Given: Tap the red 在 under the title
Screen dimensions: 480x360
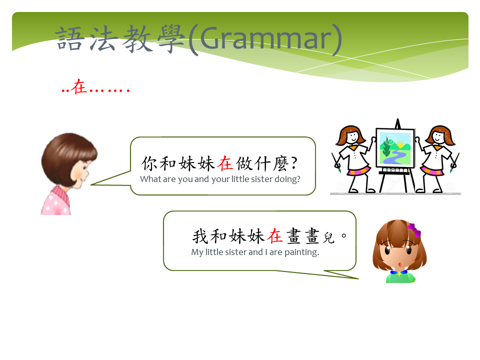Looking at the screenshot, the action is [x=79, y=86].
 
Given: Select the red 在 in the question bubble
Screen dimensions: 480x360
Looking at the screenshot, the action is [x=225, y=163].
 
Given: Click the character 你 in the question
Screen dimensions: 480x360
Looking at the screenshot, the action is [x=149, y=163].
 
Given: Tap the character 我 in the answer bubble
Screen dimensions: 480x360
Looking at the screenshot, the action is [x=200, y=236].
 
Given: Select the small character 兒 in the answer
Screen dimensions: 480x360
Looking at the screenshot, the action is [x=329, y=238].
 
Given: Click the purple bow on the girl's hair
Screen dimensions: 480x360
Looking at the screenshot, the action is [x=414, y=230].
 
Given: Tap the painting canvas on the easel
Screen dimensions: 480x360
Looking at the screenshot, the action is [x=395, y=148].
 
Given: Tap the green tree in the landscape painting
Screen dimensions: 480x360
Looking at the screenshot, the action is [x=386, y=146].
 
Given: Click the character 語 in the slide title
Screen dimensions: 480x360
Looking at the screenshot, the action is [x=70, y=38].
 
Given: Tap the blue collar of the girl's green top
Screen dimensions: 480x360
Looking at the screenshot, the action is [x=399, y=272].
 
